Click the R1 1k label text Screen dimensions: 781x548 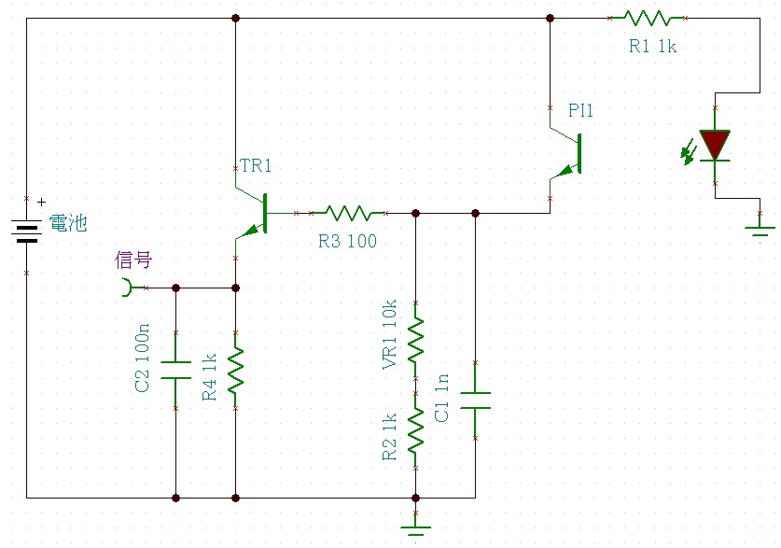652,47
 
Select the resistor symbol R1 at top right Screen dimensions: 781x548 648,19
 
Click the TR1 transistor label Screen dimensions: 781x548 256,165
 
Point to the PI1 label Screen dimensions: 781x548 580,110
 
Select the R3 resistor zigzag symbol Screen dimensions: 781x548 348,213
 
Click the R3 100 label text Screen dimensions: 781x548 348,241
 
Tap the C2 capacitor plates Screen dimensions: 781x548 175,370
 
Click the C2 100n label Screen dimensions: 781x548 142,358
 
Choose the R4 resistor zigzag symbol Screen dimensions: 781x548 235,370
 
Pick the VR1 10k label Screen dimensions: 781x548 389,334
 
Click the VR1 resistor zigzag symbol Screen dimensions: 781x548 415,340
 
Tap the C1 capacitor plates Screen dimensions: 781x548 475,400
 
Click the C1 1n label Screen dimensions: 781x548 441,398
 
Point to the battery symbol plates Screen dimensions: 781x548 26,232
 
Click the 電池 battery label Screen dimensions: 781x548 68,223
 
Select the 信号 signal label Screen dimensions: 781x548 133,260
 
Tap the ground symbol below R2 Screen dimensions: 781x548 415,529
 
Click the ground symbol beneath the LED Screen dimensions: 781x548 760,231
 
